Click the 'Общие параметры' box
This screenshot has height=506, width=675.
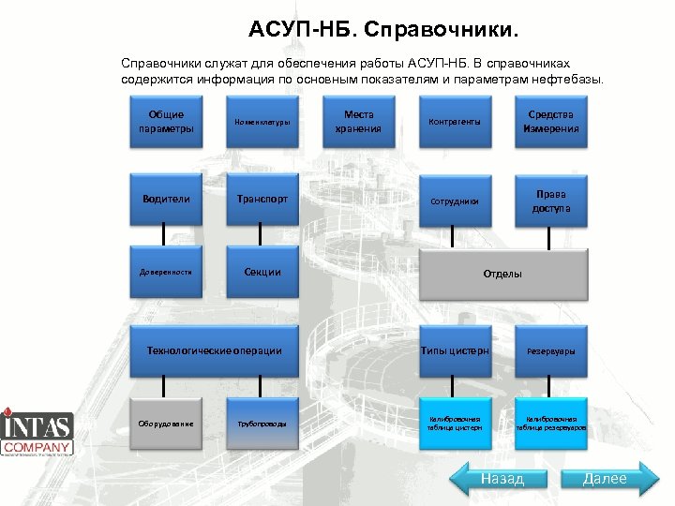point(165,122)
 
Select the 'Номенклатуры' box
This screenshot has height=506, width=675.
point(262,122)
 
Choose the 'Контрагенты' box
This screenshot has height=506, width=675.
point(454,122)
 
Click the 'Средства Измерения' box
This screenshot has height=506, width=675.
point(551,122)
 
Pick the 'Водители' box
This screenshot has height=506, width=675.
point(165,199)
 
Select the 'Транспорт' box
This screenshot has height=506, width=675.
point(262,199)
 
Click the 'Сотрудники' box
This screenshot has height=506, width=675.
point(454,200)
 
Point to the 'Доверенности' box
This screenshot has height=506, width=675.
point(165,273)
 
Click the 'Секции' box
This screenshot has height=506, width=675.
point(262,273)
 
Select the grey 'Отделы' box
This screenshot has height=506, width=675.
point(502,274)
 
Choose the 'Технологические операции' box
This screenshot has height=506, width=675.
point(214,350)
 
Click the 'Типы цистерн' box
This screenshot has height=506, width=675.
point(454,350)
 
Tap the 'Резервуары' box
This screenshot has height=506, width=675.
point(551,350)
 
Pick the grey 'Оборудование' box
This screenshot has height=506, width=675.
point(165,424)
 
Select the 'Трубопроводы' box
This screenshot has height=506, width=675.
point(262,424)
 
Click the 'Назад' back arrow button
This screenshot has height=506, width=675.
point(501,480)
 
